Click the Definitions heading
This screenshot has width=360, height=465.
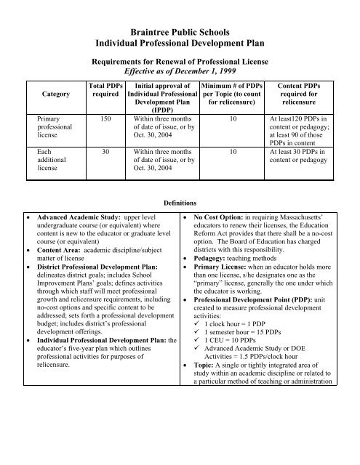[179, 204]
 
